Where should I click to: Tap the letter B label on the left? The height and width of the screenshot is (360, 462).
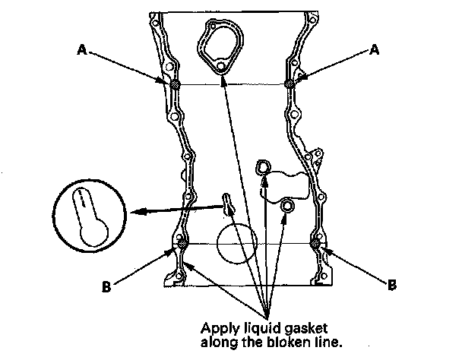(x=106, y=286)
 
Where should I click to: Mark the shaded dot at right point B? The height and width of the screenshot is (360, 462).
(x=315, y=244)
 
